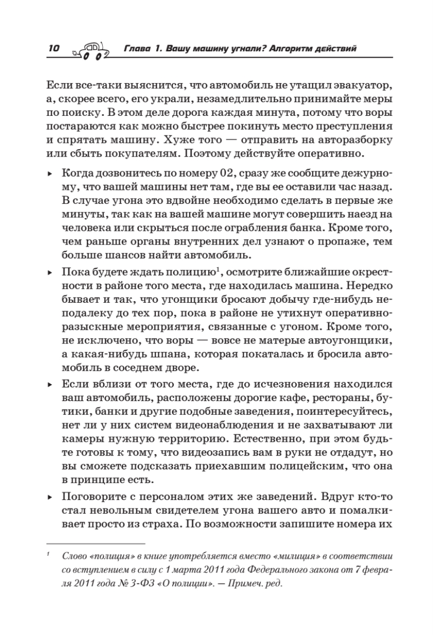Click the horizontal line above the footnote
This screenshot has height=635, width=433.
pyautogui.click(x=95, y=543)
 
